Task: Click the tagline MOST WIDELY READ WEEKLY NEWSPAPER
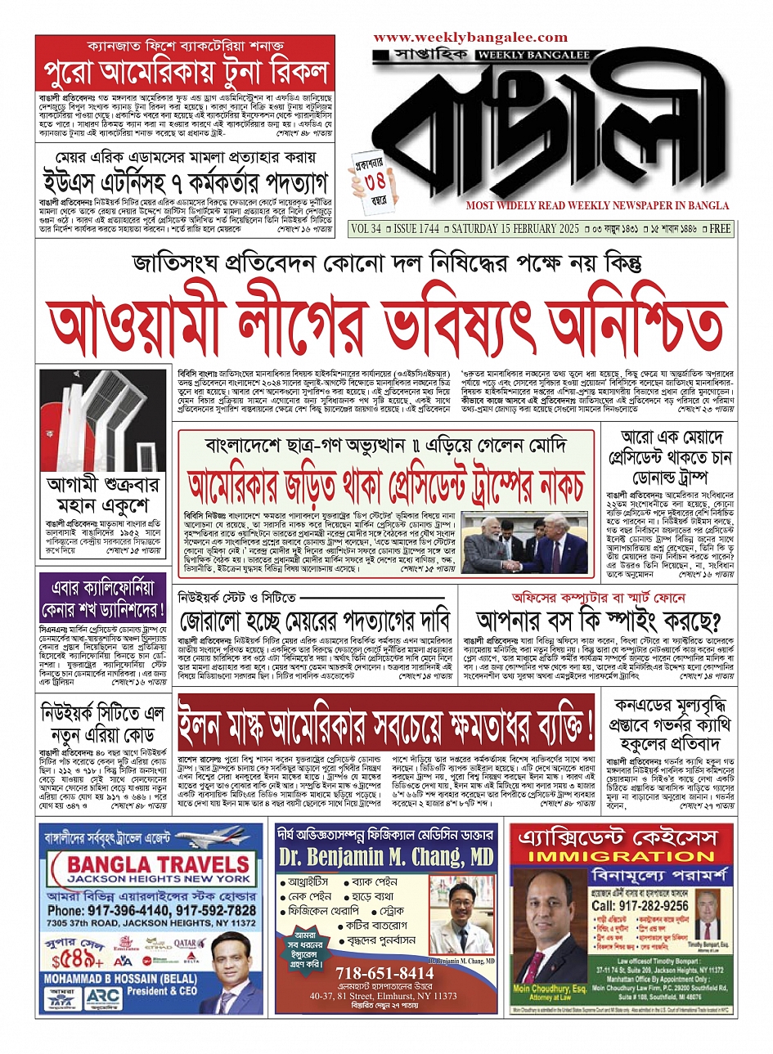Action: (598, 205)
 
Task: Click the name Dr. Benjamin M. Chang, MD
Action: (386, 856)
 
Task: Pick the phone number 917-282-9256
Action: (640, 905)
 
